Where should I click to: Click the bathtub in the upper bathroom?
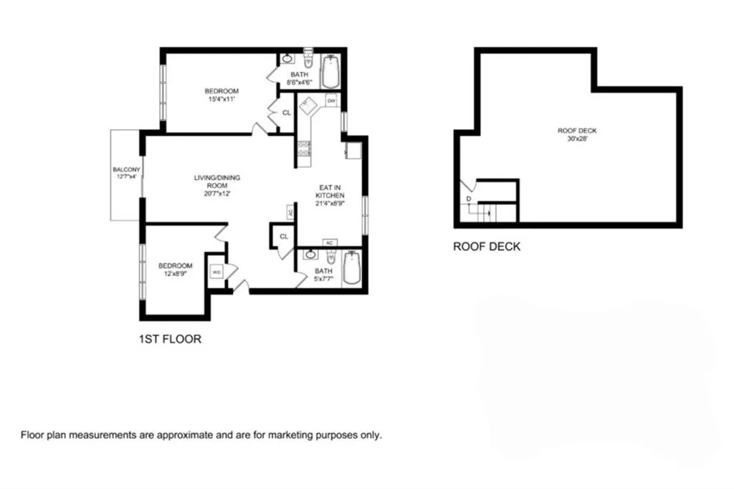pos(330,72)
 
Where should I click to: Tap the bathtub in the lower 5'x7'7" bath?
pos(352,269)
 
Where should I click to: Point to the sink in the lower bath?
pos(308,255)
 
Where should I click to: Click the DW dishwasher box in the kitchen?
pos(331,101)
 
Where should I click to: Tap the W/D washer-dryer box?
pos(216,272)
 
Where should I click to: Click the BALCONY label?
pos(126,170)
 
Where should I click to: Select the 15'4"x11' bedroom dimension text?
pos(221,99)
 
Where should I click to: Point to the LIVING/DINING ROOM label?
pos(216,181)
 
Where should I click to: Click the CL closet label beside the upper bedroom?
pos(286,113)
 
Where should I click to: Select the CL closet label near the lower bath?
pos(284,236)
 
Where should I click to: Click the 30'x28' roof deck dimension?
pos(577,139)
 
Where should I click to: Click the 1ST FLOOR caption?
pos(169,339)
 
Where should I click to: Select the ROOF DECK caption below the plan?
pos(487,247)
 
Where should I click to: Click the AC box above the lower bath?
pos(330,242)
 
